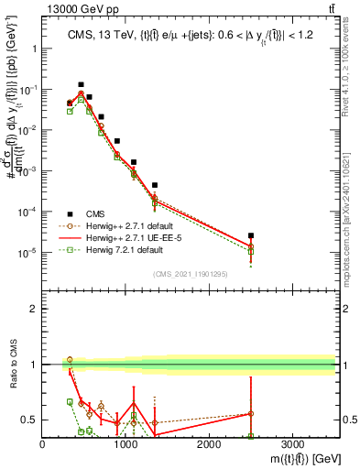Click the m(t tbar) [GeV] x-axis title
[x=294, y=457]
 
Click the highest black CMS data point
[x=81, y=84]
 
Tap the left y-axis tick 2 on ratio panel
[x=33, y=309]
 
